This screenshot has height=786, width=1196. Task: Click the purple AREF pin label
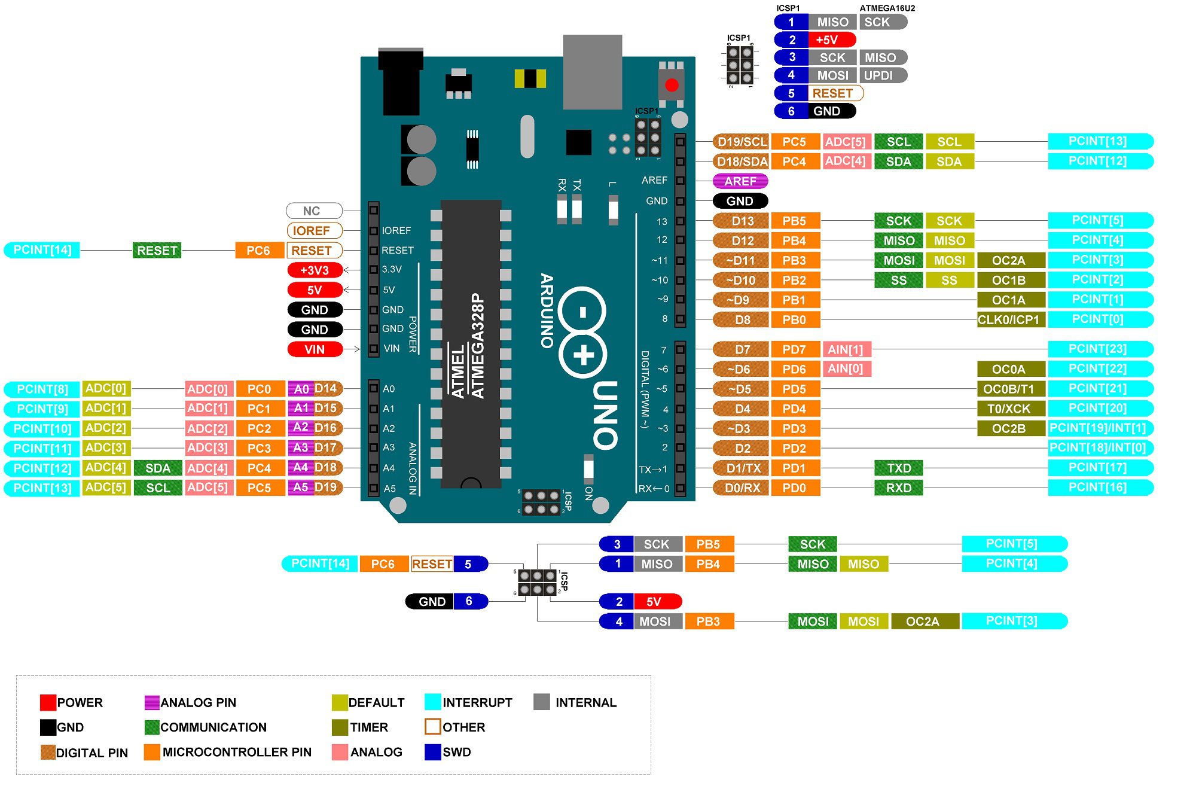[x=740, y=181]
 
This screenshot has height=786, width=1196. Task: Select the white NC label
[x=313, y=211]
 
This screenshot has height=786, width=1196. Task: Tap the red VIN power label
[x=315, y=349]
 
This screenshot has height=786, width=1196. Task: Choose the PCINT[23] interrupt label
[x=1099, y=349]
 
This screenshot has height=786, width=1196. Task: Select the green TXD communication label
[x=898, y=468]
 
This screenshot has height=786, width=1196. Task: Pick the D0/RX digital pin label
[x=742, y=488]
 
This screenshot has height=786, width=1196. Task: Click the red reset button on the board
[x=672, y=85]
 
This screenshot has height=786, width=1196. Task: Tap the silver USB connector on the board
[x=592, y=72]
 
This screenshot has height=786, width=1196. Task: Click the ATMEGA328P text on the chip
[x=477, y=346]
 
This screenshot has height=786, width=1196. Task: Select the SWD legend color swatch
[x=432, y=752]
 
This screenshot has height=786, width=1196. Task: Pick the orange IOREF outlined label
[x=313, y=230]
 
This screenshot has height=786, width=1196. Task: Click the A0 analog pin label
[x=301, y=389]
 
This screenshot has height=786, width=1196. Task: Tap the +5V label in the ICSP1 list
[x=828, y=40]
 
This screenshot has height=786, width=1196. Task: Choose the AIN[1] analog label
[x=846, y=349]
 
